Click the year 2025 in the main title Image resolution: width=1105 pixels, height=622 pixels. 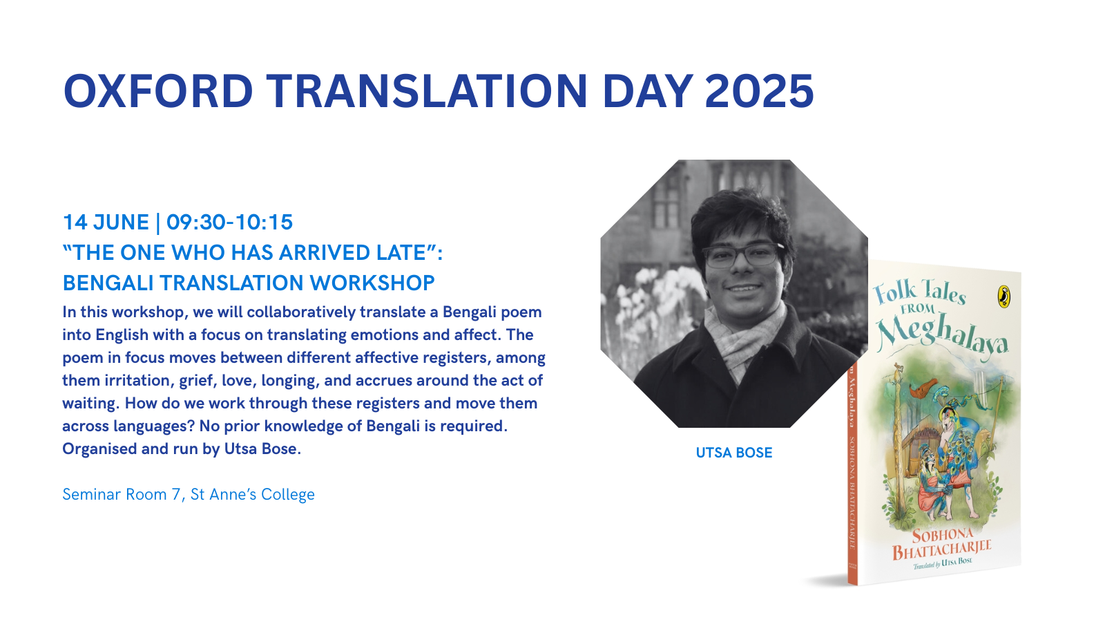pos(759,91)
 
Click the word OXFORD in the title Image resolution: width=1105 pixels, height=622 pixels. pos(158,91)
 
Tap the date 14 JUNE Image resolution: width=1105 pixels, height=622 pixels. pos(106,222)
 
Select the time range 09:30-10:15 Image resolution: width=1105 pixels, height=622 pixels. pos(229,222)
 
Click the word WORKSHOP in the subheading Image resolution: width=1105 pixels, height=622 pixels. pos(372,283)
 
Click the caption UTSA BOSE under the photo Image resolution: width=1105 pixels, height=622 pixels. pos(734,453)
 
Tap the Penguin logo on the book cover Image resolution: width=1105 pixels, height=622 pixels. pos(1004,296)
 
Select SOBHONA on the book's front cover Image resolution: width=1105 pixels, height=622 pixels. pos(943,535)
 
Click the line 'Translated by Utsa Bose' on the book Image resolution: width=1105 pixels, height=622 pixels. pos(943,563)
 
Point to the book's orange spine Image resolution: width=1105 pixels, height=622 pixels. pos(853,474)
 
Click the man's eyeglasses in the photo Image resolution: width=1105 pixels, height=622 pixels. pos(742,255)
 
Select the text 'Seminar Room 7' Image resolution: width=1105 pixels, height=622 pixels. pos(122,494)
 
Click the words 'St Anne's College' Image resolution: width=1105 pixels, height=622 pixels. pos(253,494)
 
